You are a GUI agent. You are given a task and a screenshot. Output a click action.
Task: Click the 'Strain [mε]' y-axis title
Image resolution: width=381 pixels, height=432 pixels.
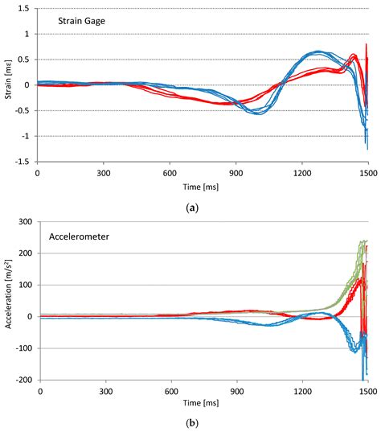7,84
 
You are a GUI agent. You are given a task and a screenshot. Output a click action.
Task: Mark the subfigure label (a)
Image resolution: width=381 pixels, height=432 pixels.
191,206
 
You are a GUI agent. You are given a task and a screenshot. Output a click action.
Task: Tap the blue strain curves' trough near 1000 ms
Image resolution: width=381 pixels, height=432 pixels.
257,112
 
